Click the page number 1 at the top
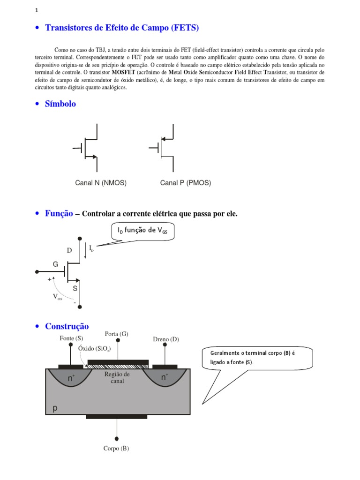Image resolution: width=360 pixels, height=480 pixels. (x=37, y=11)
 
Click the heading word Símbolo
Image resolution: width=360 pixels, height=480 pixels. (x=60, y=104)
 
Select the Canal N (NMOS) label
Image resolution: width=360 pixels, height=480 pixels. (x=101, y=183)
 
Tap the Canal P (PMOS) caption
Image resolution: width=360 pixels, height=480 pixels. (x=186, y=183)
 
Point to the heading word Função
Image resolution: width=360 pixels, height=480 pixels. (x=59, y=214)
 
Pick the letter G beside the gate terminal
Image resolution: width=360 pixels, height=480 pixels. (x=55, y=264)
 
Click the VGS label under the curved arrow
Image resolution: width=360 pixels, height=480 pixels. (x=57, y=297)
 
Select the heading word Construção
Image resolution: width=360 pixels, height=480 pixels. (x=67, y=326)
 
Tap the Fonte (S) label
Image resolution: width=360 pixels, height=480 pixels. (x=71, y=338)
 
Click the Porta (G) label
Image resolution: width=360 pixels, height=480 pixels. (x=117, y=334)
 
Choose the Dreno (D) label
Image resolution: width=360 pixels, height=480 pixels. (x=166, y=339)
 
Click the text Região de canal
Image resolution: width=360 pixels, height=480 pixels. (x=117, y=377)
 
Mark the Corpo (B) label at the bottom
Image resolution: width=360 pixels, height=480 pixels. (x=116, y=449)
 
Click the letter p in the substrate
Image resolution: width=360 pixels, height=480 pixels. (x=55, y=408)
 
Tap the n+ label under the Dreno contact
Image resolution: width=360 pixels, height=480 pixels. (x=165, y=377)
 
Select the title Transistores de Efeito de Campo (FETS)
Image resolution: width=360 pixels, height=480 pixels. (x=122, y=28)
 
